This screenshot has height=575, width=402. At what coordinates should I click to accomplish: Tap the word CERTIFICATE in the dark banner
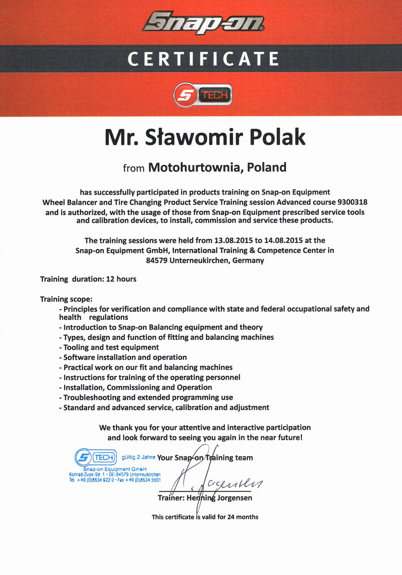pos(203,59)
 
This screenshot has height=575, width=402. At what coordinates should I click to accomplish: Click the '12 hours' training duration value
pos(121,279)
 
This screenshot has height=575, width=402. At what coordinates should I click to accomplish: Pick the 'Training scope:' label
pos(66,299)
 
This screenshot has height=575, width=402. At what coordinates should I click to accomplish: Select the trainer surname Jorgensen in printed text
pos(235,498)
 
